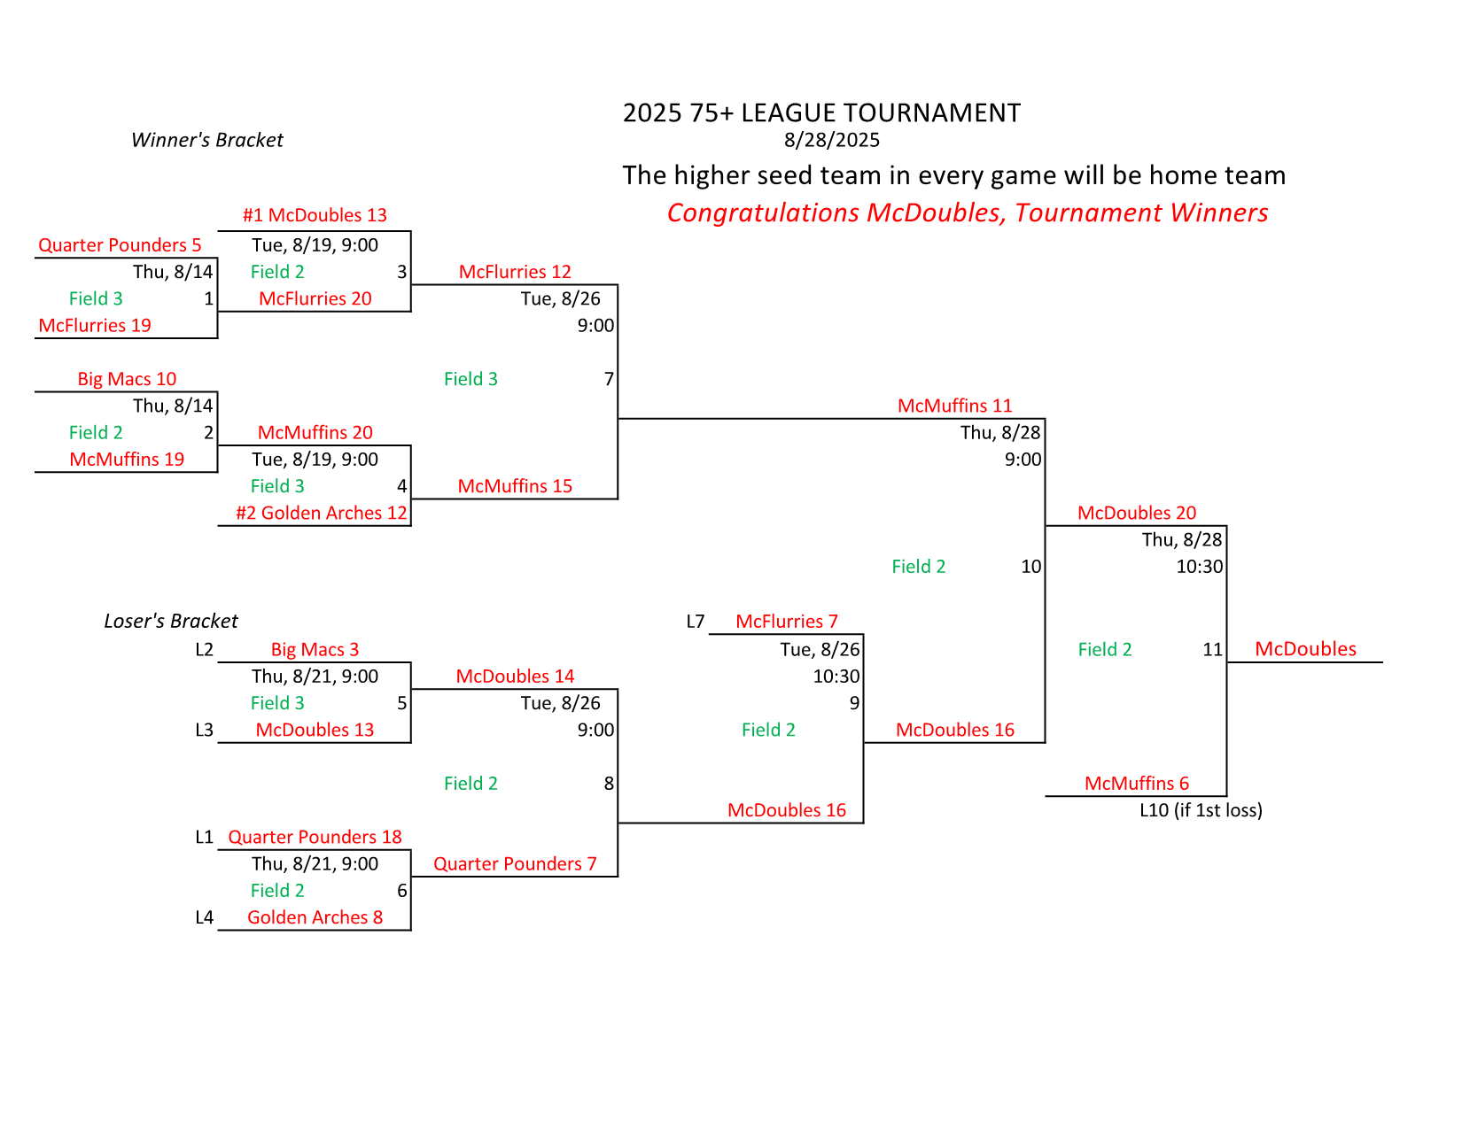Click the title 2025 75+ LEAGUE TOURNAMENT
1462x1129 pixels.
pos(821,113)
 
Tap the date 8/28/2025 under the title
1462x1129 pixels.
pos(831,140)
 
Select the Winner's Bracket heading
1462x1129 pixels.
pos(206,140)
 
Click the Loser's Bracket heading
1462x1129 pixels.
pos(171,621)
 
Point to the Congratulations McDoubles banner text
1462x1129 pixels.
pos(967,213)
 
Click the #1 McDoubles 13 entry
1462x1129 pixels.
pos(315,215)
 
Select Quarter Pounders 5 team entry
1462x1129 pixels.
pos(120,245)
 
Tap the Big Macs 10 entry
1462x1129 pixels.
pos(127,379)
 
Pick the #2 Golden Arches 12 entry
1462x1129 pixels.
pos(321,513)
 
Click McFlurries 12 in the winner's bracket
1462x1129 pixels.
pos(515,272)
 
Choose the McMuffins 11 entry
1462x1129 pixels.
pos(954,406)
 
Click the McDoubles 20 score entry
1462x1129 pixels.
pos(1136,513)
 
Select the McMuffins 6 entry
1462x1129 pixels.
pos(1136,783)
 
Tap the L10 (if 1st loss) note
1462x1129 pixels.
pos(1201,810)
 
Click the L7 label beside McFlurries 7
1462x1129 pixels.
pos(696,622)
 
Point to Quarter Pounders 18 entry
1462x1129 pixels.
pos(315,837)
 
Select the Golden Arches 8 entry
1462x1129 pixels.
pos(315,917)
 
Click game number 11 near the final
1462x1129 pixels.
pos(1212,650)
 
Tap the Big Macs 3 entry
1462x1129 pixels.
pos(315,650)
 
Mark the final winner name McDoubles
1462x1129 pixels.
pos(1305,649)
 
